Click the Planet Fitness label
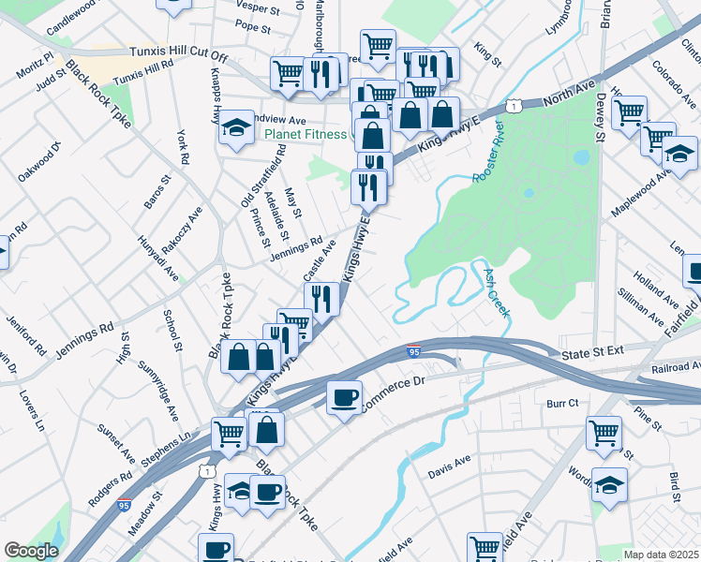pos(305,133)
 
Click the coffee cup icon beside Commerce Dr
pos(343,396)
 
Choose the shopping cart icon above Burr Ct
pos(604,433)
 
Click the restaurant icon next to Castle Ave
pos(321,299)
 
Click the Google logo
pos(31,551)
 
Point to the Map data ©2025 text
pos(661,555)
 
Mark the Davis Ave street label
pos(449,463)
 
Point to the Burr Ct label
pos(562,403)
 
